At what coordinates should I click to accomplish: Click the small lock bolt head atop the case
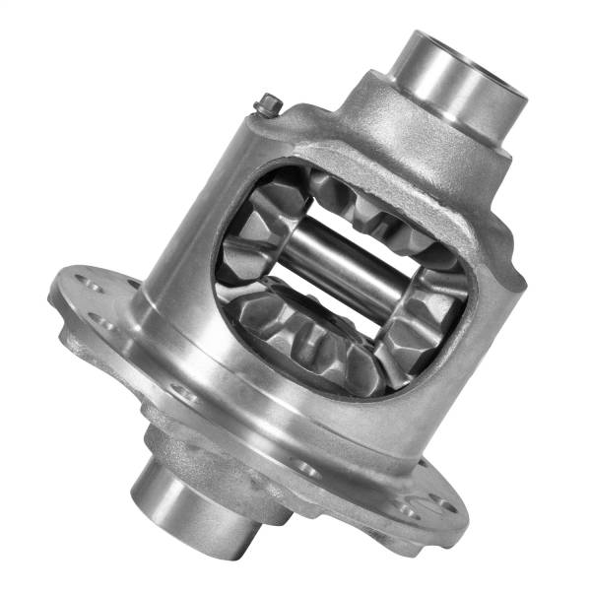point(268,103)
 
